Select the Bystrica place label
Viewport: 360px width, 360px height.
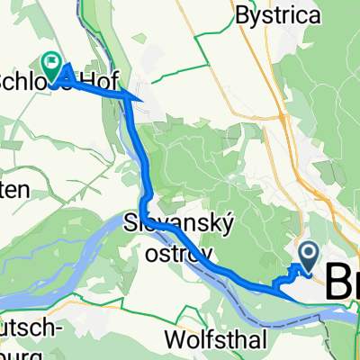pos(272,14)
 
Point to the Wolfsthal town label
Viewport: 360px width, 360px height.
pos(212,340)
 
